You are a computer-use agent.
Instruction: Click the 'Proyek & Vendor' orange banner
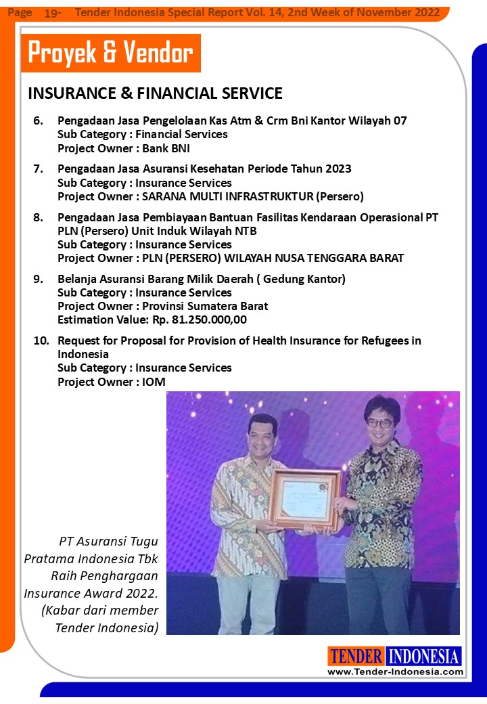[x=111, y=53]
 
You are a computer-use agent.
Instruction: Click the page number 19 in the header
[x=52, y=13]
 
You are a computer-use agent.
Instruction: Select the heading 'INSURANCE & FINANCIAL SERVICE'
[x=155, y=93]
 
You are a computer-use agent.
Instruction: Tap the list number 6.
[x=39, y=121]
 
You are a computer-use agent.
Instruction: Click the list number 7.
[x=39, y=169]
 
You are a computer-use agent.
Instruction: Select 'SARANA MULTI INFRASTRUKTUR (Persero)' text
[x=251, y=197]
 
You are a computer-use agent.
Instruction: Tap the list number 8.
[x=39, y=217]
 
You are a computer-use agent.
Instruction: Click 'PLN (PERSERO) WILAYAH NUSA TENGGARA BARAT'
[x=271, y=258]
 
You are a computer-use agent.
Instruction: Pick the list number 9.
[x=39, y=279]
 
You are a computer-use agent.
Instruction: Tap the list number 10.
[x=41, y=340]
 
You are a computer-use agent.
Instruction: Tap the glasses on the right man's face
[x=379, y=423]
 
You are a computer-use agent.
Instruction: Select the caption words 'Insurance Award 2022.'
[x=99, y=593]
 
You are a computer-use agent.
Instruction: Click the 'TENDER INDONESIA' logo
[x=395, y=656]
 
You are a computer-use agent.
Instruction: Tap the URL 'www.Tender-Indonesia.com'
[x=396, y=672]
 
